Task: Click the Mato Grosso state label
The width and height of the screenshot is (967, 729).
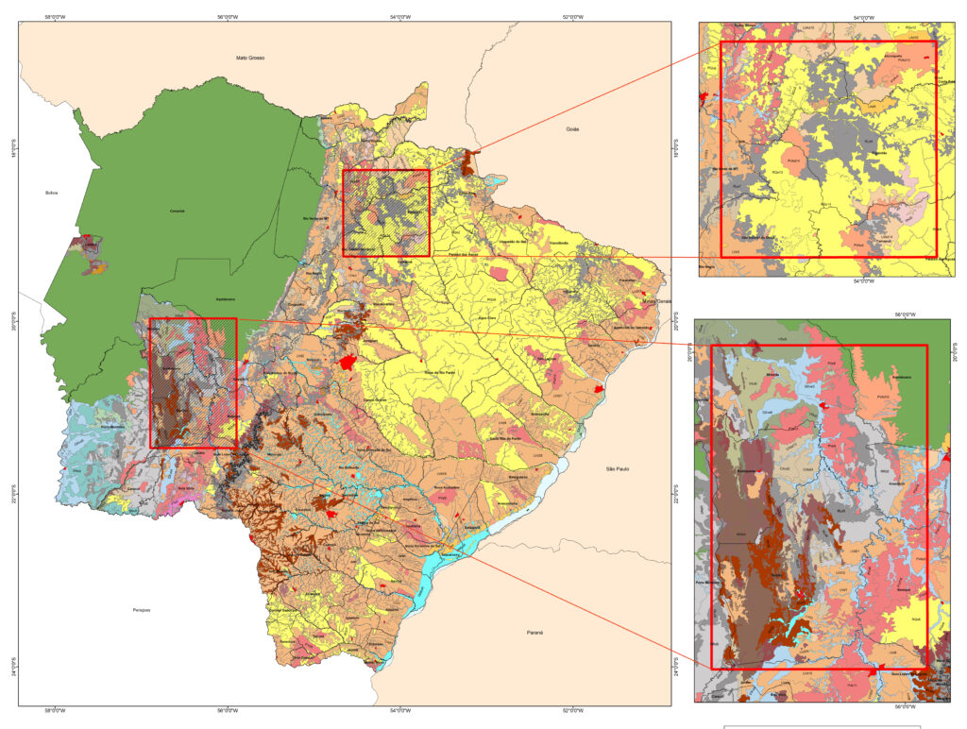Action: pos(250,58)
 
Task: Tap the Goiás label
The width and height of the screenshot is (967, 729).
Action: pos(571,128)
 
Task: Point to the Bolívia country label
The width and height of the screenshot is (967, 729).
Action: pos(51,193)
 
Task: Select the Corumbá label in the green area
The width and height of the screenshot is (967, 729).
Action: pos(177,211)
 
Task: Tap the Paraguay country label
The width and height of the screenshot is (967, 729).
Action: pos(141,611)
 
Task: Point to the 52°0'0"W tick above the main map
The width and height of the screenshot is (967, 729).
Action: pos(573,16)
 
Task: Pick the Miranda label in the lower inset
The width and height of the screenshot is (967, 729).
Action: pos(769,374)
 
